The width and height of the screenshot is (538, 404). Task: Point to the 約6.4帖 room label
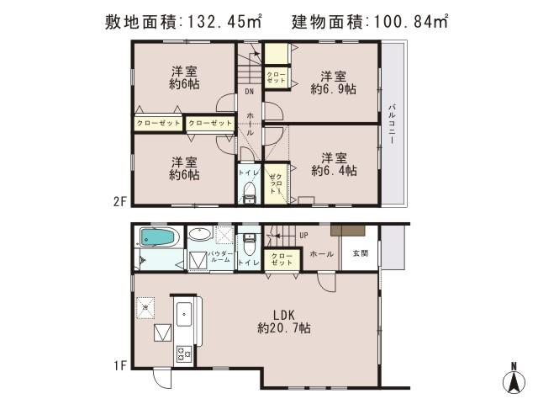click(335, 164)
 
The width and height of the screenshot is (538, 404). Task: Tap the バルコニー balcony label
click(393, 125)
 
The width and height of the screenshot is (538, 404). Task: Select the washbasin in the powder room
click(200, 235)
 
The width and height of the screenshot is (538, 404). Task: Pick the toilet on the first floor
click(248, 242)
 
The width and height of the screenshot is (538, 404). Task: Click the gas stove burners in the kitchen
click(184, 355)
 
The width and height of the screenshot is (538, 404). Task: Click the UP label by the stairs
click(303, 236)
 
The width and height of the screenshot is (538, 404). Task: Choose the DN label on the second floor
click(249, 92)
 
